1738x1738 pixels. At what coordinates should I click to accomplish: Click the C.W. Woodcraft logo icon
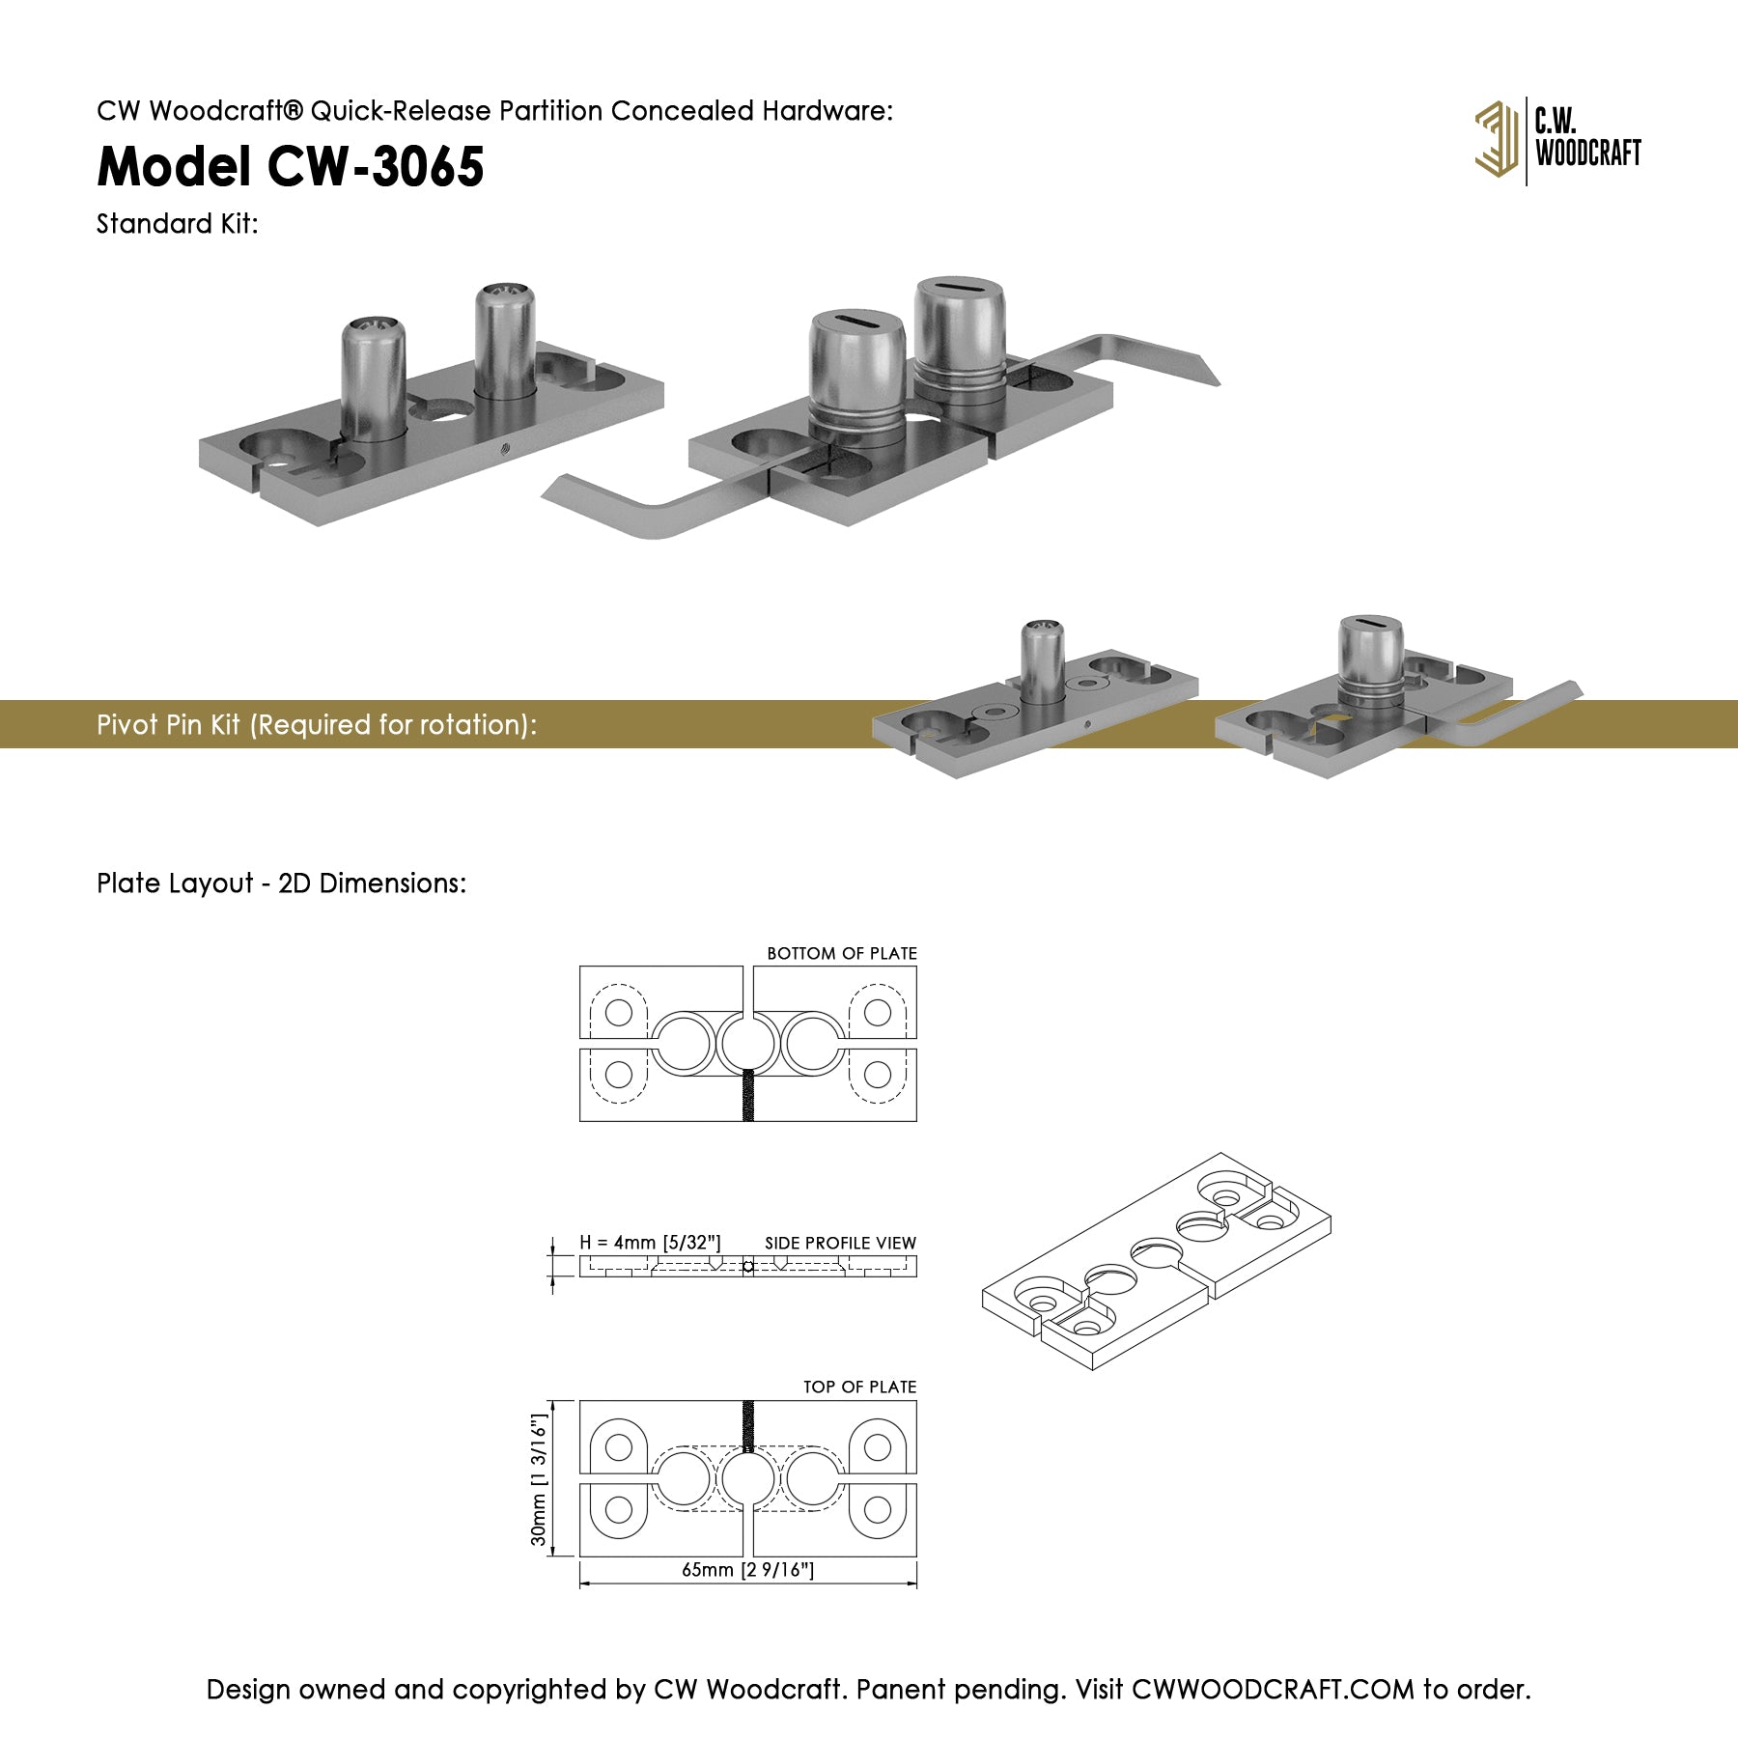[x=1496, y=140]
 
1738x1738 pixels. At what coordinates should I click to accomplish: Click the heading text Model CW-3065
[x=291, y=166]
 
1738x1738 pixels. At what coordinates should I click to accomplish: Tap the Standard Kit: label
[x=178, y=224]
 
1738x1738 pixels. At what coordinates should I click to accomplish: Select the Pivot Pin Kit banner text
[x=317, y=725]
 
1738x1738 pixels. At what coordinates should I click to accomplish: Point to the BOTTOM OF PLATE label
[x=842, y=953]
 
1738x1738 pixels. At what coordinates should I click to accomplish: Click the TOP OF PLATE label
[x=859, y=1387]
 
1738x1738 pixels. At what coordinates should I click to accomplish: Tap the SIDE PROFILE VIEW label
[x=840, y=1243]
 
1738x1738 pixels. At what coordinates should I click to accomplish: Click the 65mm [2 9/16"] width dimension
[x=747, y=1569]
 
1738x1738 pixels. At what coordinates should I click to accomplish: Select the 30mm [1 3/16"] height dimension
[x=540, y=1479]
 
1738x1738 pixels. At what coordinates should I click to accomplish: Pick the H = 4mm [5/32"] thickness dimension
[x=650, y=1243]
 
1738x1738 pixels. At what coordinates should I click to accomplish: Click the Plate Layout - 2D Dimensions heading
[x=281, y=883]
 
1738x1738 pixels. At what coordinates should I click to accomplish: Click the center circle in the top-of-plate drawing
[x=748, y=1479]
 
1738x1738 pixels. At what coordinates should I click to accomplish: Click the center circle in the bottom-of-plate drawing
[x=748, y=1043]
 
